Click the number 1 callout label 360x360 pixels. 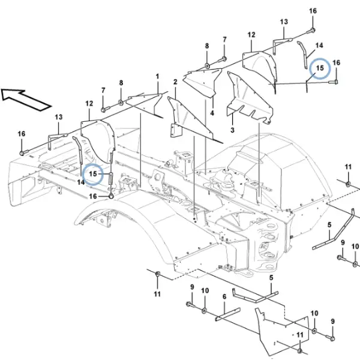[x=157, y=76]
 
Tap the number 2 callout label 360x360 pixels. [x=175, y=82]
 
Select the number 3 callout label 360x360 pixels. [x=232, y=130]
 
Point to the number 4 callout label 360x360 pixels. [x=212, y=113]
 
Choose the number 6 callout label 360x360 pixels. [x=224, y=297]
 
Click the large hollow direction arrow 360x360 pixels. [x=25, y=100]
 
